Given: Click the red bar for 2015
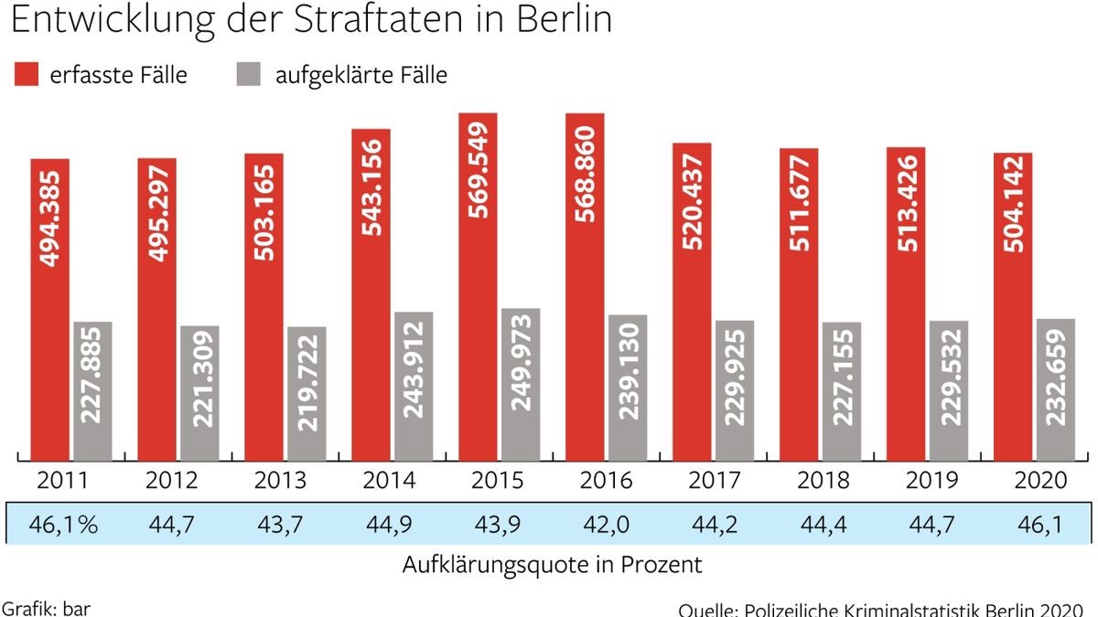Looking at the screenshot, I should (478, 288).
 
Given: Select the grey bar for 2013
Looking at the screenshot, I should (307, 393).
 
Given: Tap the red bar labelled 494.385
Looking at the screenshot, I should (49, 311).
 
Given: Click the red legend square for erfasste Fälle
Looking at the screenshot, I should (26, 74).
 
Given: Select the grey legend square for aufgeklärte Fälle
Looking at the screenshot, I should (242, 74).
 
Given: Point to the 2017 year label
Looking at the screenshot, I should (716, 480).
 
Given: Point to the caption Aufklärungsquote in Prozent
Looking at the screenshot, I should (552, 565).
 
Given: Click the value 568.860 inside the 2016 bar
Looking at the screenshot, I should (585, 174).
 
